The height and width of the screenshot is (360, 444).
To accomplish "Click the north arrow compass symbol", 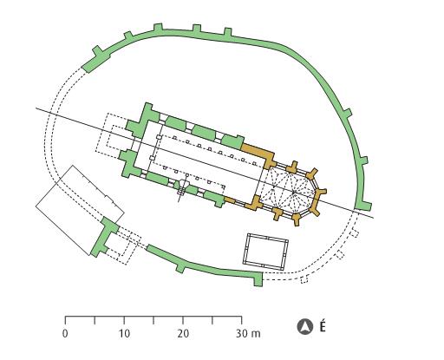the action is (305, 327).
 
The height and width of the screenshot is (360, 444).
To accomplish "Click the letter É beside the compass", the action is (323, 326).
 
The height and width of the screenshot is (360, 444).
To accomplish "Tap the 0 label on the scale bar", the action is (65, 333).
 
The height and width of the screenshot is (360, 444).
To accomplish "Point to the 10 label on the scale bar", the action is (124, 333).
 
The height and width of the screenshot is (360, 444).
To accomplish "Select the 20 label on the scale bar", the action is (183, 333).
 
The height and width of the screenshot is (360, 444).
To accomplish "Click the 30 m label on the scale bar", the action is (248, 333).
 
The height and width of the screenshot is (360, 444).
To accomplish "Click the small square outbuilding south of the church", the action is (265, 252).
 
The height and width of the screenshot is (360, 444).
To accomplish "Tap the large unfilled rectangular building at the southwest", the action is (80, 210).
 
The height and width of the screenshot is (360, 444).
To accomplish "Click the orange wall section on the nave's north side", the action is (259, 154).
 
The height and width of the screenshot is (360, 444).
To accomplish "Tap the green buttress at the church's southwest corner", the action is (130, 164).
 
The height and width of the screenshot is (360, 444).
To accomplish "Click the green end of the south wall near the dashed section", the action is (258, 279).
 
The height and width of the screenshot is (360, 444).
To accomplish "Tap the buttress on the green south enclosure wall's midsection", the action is (180, 267).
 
